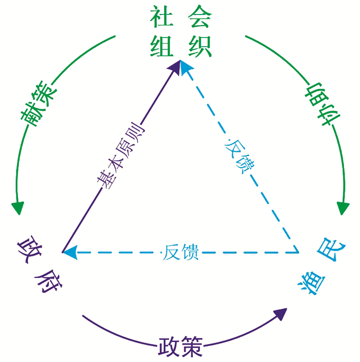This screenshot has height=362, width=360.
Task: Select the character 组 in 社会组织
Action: point(160,47)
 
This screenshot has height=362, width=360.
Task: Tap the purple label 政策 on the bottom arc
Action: point(181,346)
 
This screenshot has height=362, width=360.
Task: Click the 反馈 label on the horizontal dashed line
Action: point(179,253)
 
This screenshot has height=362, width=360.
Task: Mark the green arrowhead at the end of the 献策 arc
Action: point(17,208)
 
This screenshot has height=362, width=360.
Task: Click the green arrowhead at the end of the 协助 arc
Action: point(343,208)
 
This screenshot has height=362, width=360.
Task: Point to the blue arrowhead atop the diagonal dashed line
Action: point(188,68)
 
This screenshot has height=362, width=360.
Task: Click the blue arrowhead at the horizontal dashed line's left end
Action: point(69,252)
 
